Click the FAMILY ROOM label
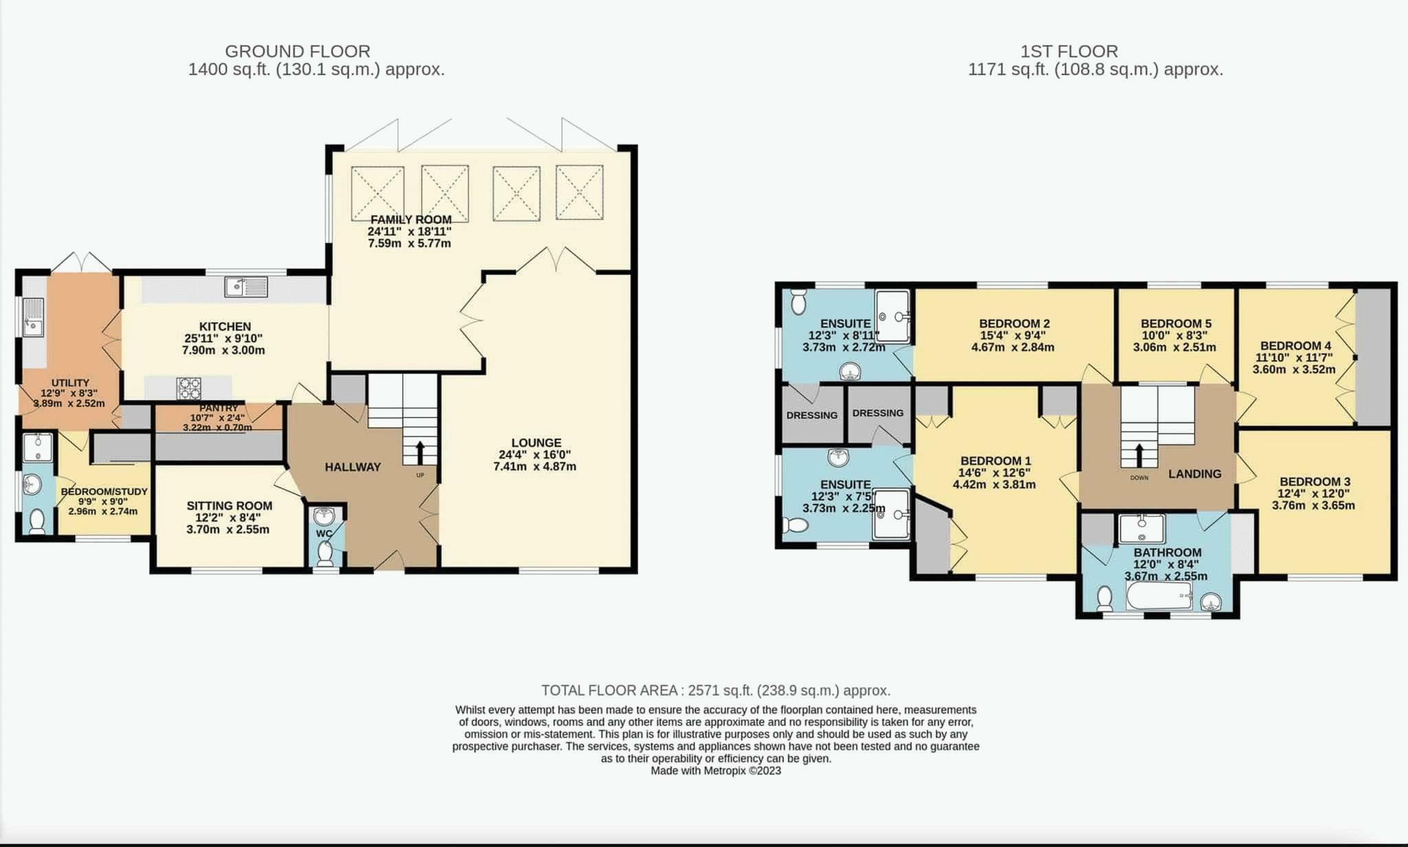(410, 220)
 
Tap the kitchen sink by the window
(245, 286)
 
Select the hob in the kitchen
(188, 388)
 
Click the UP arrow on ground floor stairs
(419, 453)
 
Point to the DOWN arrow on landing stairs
(1138, 454)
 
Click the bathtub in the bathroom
(1159, 596)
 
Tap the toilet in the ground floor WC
(325, 552)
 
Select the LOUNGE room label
(536, 443)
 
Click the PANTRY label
(218, 408)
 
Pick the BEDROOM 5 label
(1176, 323)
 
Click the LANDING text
(1194, 474)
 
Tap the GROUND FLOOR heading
(298, 51)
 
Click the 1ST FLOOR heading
(1069, 51)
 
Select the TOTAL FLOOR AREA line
(715, 690)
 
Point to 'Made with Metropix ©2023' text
(715, 771)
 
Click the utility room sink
(32, 317)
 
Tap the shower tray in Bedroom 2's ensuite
(892, 316)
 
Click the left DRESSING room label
(812, 415)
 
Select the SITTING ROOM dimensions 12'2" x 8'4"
(229, 518)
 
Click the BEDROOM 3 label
(1314, 482)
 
